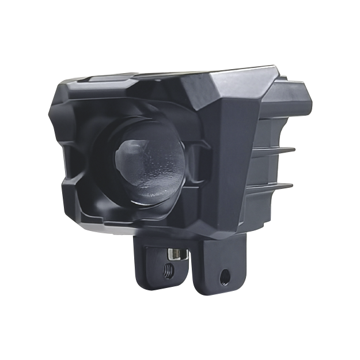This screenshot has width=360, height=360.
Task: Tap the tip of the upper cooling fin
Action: (x=293, y=148)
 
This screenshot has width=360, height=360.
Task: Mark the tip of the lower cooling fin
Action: (x=293, y=185)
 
